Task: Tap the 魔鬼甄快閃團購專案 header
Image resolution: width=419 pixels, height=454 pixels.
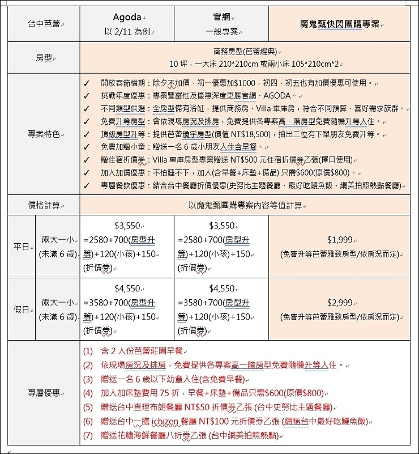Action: [341, 24]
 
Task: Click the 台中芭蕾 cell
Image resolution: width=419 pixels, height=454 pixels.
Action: [44, 24]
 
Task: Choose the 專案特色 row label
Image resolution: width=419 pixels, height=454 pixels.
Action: [44, 134]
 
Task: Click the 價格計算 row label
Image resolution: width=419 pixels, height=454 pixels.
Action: [44, 205]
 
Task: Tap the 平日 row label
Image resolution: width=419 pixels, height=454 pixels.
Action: [21, 247]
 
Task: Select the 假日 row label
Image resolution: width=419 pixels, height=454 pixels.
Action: [21, 309]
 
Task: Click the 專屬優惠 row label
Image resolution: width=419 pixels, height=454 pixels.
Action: [44, 393]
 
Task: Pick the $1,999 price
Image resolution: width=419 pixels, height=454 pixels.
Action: [340, 240]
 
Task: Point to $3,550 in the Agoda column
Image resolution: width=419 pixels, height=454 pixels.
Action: [126, 226]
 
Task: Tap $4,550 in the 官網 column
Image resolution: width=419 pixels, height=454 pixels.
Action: [221, 288]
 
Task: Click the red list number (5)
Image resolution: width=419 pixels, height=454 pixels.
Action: [87, 407]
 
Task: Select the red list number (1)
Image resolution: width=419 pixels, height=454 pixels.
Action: [87, 351]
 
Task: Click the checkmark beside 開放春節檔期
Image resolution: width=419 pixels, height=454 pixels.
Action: [87, 83]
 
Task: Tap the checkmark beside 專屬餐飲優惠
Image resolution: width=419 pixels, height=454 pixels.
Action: [87, 185]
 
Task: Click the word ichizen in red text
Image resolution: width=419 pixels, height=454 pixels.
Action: [168, 421]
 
